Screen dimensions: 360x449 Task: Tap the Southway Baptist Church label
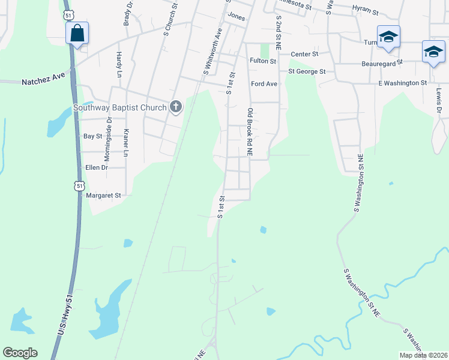(119, 108)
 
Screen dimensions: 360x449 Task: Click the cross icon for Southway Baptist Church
(176, 107)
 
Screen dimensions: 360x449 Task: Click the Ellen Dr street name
(96, 167)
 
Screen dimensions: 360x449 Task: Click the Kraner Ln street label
(126, 143)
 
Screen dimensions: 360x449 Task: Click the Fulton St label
(263, 61)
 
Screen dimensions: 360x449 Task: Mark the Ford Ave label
(264, 84)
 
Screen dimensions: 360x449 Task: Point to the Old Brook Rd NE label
(250, 133)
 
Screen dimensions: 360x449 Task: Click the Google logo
(20, 353)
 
